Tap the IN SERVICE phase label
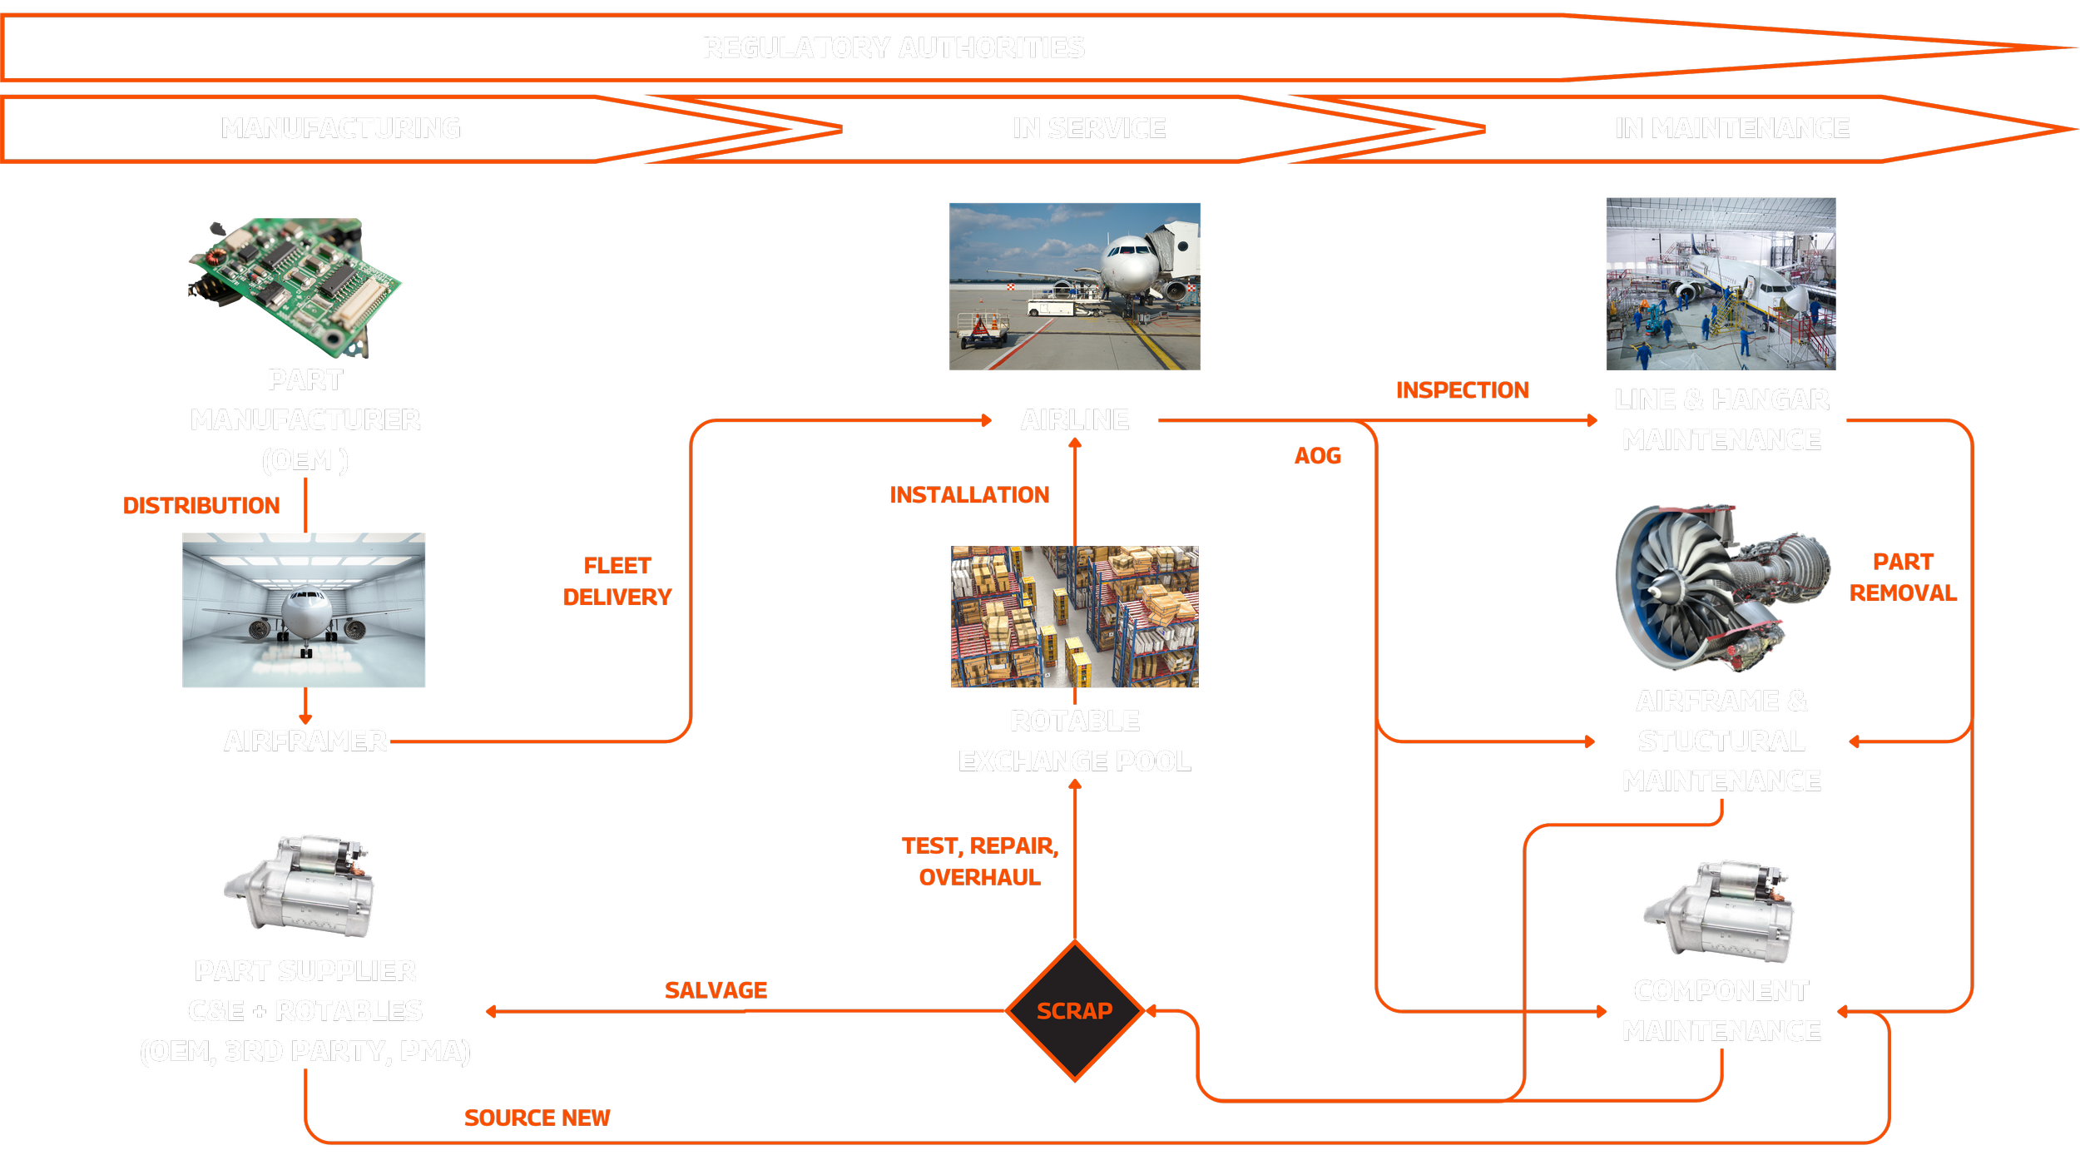point(1089,128)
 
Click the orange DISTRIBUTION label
point(201,506)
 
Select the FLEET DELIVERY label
point(617,582)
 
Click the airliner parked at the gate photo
point(1075,286)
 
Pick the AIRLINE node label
point(1075,420)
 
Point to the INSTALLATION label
point(969,495)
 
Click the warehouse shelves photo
point(1075,617)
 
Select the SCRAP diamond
point(1074,1011)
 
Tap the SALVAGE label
point(716,990)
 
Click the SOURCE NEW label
point(537,1118)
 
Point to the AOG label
point(1317,456)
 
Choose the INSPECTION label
point(1462,390)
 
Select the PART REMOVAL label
point(1903,578)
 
